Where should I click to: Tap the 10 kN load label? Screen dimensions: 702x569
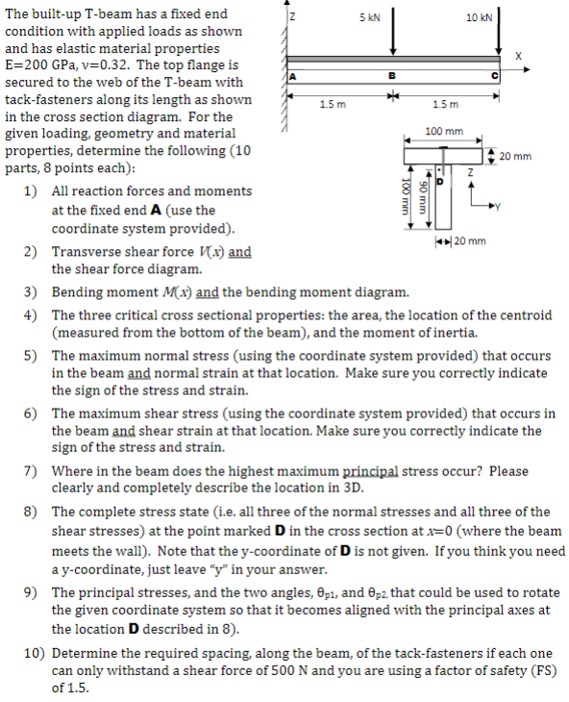(x=478, y=18)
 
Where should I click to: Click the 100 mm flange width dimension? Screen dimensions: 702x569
(x=442, y=130)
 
